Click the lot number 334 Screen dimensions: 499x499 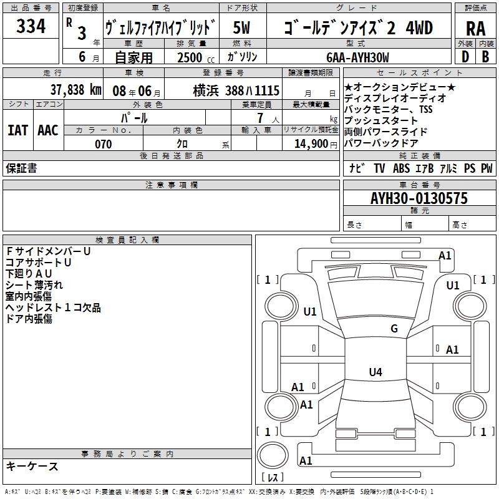(x=31, y=27)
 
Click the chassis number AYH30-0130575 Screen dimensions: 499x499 (x=419, y=199)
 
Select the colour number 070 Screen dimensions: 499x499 (x=103, y=144)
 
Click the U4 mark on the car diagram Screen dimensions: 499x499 (x=375, y=372)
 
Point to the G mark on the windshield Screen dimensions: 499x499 (x=394, y=329)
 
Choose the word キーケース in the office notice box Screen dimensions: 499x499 (x=32, y=467)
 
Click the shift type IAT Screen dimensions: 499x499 (x=18, y=130)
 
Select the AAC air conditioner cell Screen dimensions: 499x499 (x=48, y=130)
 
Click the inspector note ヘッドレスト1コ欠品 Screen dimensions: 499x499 (x=53, y=308)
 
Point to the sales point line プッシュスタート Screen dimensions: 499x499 (x=381, y=120)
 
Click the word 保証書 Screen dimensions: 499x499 (x=21, y=168)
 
